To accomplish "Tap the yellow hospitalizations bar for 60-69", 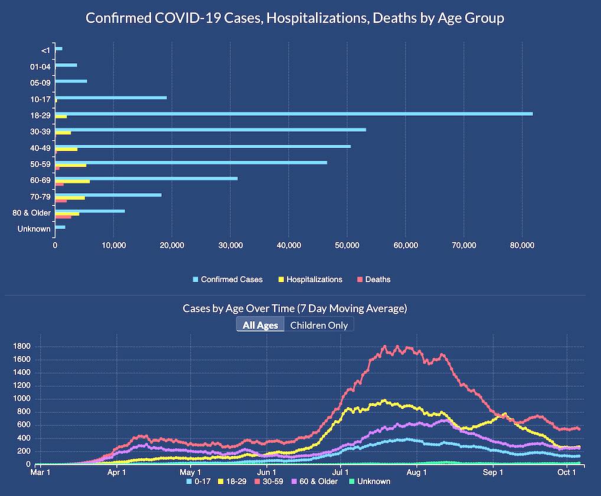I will coord(73,181).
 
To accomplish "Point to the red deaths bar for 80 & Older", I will coord(63,217).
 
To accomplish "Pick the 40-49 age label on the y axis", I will coord(40,147).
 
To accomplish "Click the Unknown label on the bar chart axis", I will coord(34,229).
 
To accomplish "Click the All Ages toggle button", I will coord(260,325).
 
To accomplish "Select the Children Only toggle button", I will coord(319,325).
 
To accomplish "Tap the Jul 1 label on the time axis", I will coord(341,472).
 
